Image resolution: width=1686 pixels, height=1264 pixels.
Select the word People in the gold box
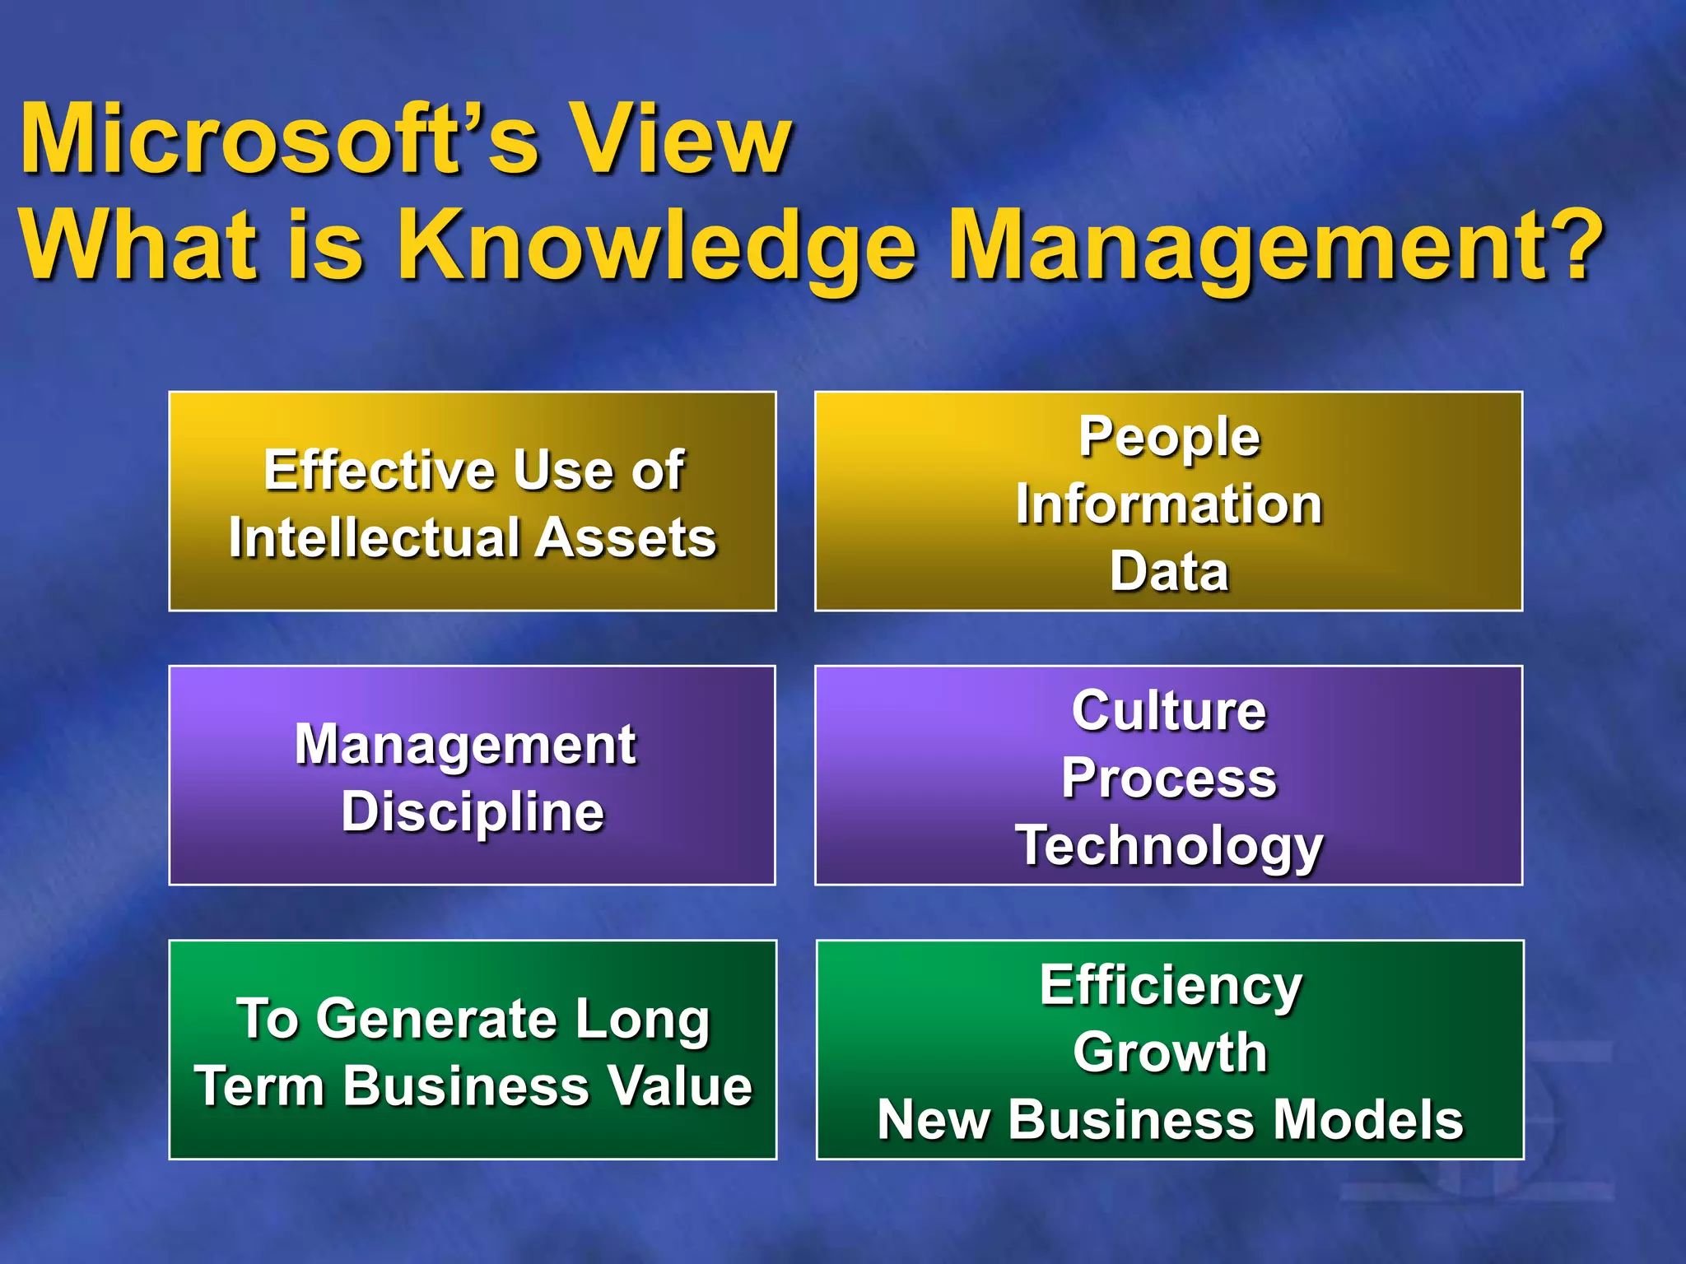pos(1169,437)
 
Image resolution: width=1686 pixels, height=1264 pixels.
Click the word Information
pos(1169,504)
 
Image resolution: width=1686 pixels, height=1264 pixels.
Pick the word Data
pos(1169,571)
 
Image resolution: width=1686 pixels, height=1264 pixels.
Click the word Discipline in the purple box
pos(473,813)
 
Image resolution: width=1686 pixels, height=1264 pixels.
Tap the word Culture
pos(1169,710)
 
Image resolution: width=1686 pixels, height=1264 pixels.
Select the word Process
pos(1169,778)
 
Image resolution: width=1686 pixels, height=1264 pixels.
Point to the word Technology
pos(1169,846)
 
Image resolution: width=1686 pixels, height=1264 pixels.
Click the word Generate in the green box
pos(436,1020)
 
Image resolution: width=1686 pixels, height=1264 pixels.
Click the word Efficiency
pos(1171,985)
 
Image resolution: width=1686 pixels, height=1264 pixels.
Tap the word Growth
pos(1170,1053)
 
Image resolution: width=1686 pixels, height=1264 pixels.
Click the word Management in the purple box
pos(465,746)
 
